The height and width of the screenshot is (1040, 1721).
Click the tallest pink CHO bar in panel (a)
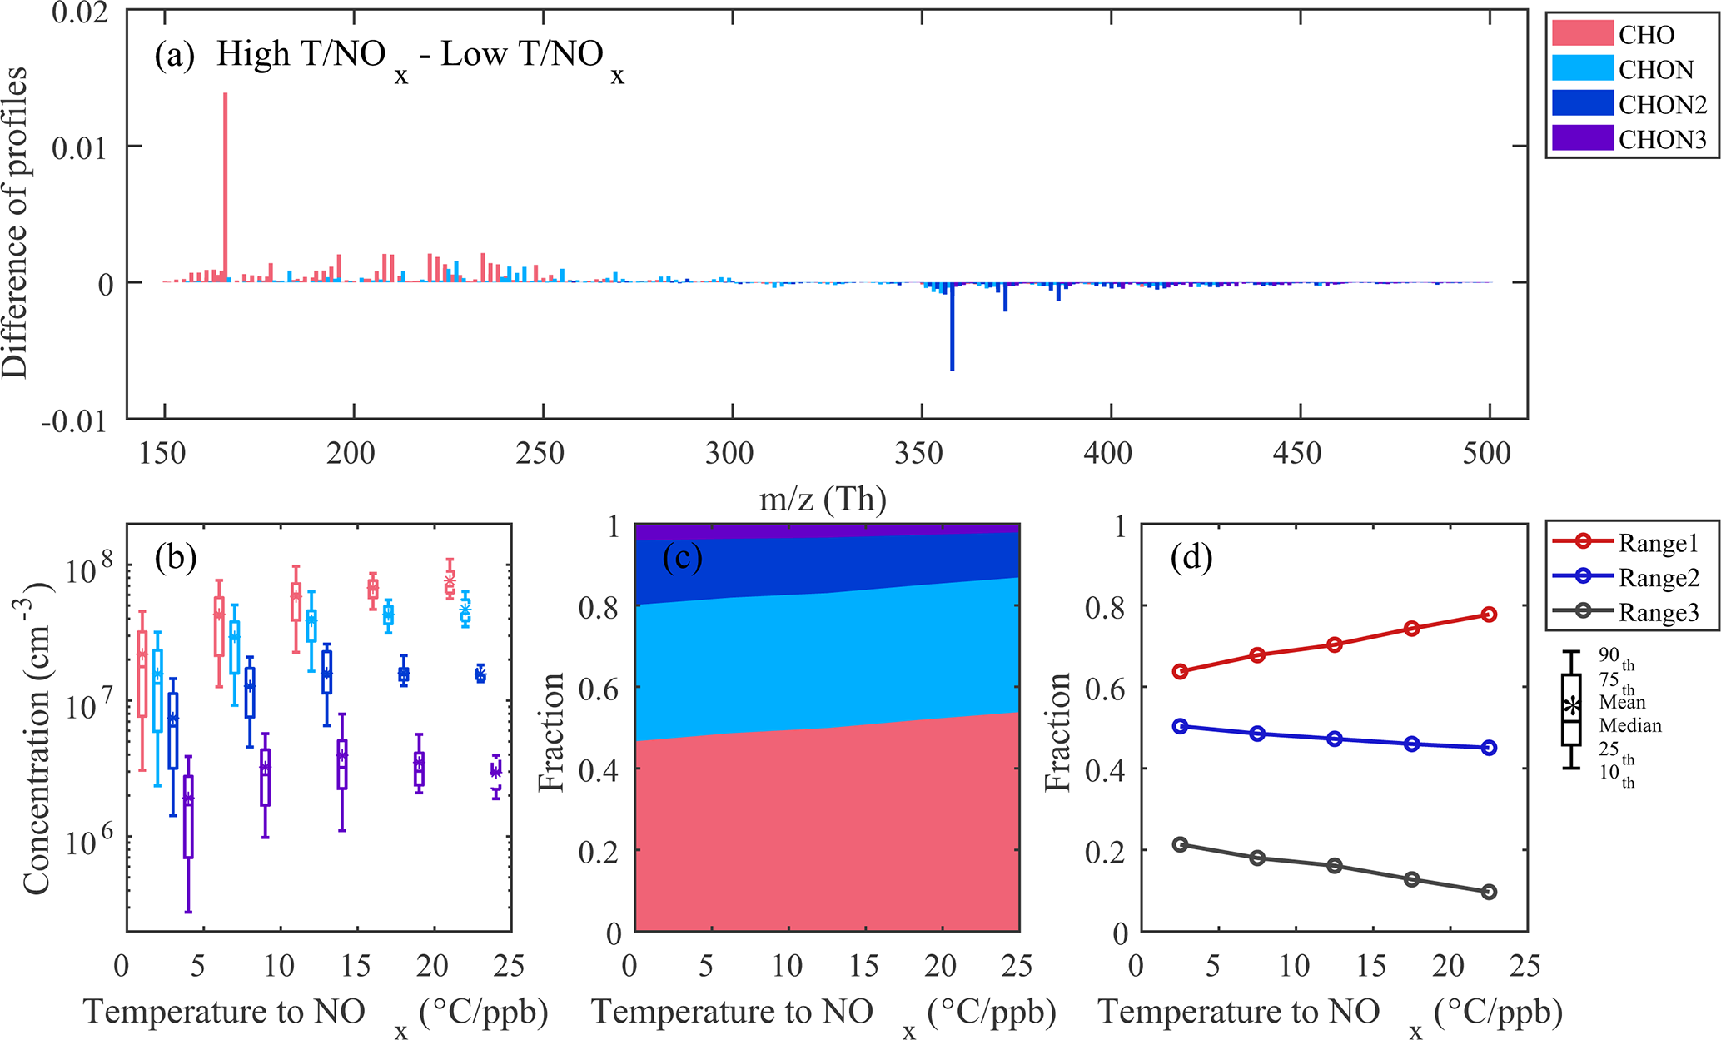coord(225,187)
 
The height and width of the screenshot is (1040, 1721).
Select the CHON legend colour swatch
coord(1582,68)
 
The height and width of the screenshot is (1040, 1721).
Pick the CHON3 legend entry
coord(1662,139)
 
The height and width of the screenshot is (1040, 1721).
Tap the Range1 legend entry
coord(1658,543)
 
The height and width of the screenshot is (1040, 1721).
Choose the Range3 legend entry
coord(1658,613)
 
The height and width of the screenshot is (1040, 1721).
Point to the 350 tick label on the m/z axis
coord(919,454)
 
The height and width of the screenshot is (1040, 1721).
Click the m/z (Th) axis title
coord(823,499)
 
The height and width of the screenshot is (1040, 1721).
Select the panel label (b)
coord(175,557)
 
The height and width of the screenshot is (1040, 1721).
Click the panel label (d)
coord(1191,557)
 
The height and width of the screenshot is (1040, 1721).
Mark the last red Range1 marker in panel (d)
coord(1489,615)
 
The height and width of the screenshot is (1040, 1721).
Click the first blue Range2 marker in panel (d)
coord(1180,726)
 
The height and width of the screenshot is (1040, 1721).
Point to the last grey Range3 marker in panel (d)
coord(1489,892)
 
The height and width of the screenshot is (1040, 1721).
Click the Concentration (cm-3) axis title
coord(37,738)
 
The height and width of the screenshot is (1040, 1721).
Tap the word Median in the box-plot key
coord(1629,725)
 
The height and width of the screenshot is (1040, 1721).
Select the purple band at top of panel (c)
coord(827,530)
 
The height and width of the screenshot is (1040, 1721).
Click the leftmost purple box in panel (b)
coord(188,816)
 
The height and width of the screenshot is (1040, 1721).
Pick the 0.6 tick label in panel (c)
coord(598,689)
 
